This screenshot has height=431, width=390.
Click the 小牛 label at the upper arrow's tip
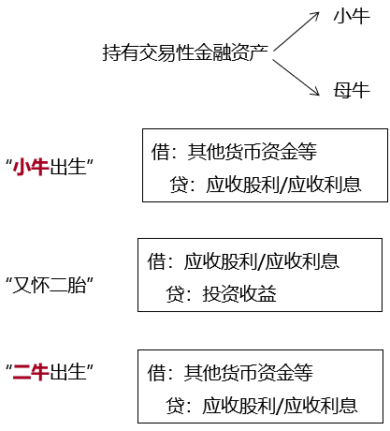coord(352,16)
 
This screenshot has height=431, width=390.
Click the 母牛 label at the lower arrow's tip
coord(352,90)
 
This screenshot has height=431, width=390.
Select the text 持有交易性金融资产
coord(185,52)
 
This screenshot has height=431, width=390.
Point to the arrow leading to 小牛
coord(296,32)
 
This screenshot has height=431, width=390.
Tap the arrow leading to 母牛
coord(296,78)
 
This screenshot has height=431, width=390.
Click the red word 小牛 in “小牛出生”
coord(31,167)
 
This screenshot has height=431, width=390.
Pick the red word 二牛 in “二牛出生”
coord(31,372)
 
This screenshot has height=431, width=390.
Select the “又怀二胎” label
coord(50,285)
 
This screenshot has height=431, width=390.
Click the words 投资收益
coord(239,294)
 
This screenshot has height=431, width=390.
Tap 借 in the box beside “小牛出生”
coord(160,152)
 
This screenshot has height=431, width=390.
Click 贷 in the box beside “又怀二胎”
coord(175,294)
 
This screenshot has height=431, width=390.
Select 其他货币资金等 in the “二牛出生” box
coord(248,372)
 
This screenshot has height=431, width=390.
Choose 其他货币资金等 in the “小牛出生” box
coord(252,152)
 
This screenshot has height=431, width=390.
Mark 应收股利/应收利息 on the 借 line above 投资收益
coord(261,261)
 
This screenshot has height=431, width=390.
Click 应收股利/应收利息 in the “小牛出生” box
coord(283,185)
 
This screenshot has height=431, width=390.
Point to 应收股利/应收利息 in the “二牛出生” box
coord(280,406)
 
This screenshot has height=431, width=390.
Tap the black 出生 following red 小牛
coord(67,167)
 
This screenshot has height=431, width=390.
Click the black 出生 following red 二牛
coord(67,372)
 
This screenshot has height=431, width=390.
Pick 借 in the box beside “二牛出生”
coord(156,372)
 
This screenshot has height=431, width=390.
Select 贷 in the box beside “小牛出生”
coord(179,185)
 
